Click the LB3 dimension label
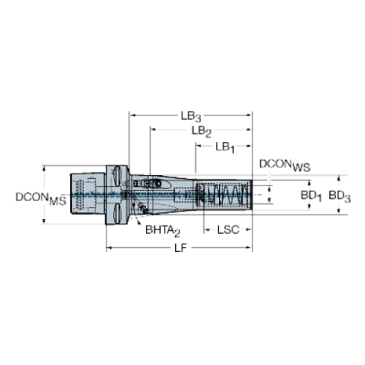(191, 115)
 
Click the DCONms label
(42, 198)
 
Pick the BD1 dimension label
(311, 195)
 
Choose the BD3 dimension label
(341, 195)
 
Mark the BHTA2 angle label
(164, 229)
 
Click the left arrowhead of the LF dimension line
(110, 247)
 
